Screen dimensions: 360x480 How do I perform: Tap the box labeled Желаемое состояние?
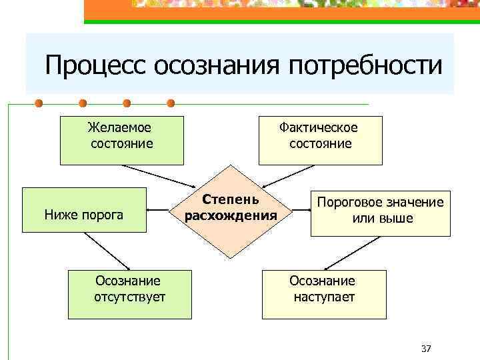[x=121, y=141]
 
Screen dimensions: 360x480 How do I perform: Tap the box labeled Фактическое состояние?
[x=320, y=141]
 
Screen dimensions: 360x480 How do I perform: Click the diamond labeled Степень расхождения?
[x=231, y=209]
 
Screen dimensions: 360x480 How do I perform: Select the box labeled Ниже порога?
[x=84, y=210]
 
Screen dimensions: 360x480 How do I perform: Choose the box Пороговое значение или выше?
[x=380, y=211]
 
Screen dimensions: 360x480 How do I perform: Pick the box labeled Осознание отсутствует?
[x=129, y=294]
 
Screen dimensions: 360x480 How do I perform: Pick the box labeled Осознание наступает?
[x=323, y=294]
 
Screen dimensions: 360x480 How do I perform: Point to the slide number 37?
[x=427, y=349]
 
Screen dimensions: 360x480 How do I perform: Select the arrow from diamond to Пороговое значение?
[x=302, y=209]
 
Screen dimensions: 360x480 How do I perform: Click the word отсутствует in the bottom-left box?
[x=130, y=297]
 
